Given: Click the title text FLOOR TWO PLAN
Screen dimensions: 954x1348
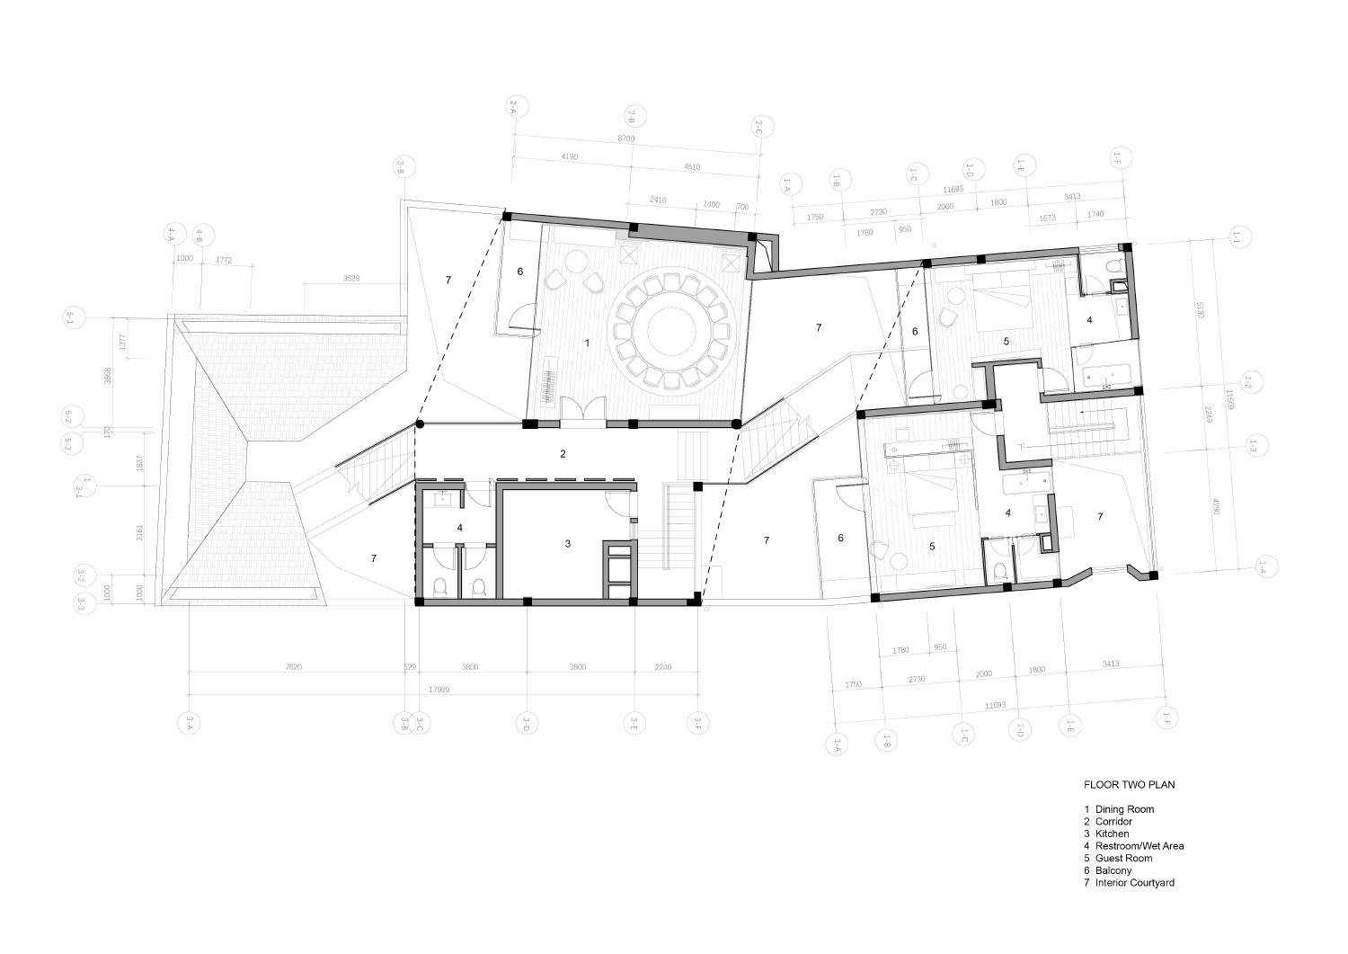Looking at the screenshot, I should [1129, 785].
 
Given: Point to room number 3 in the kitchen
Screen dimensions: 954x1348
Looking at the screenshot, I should [567, 544].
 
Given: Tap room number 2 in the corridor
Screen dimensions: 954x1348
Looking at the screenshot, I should [563, 454].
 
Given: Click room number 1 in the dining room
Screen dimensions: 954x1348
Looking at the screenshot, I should [587, 343].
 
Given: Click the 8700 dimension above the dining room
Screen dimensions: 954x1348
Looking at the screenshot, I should [625, 139].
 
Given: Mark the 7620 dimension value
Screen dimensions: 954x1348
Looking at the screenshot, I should [293, 667].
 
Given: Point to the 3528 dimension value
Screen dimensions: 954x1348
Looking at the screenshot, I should [351, 279].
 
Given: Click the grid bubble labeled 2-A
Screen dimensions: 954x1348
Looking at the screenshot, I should [513, 108].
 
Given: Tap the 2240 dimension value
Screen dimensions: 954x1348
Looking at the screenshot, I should [663, 667].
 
